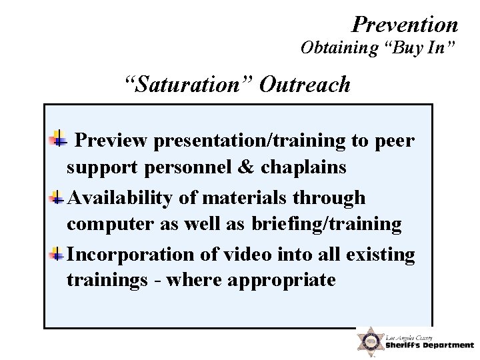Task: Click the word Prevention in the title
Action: [405, 25]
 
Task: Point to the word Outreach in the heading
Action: [305, 85]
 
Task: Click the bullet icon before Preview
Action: [59, 139]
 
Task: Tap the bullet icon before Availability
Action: [59, 197]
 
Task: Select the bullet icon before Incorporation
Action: [59, 254]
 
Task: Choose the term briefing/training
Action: [327, 225]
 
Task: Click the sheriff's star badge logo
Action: [369, 341]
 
